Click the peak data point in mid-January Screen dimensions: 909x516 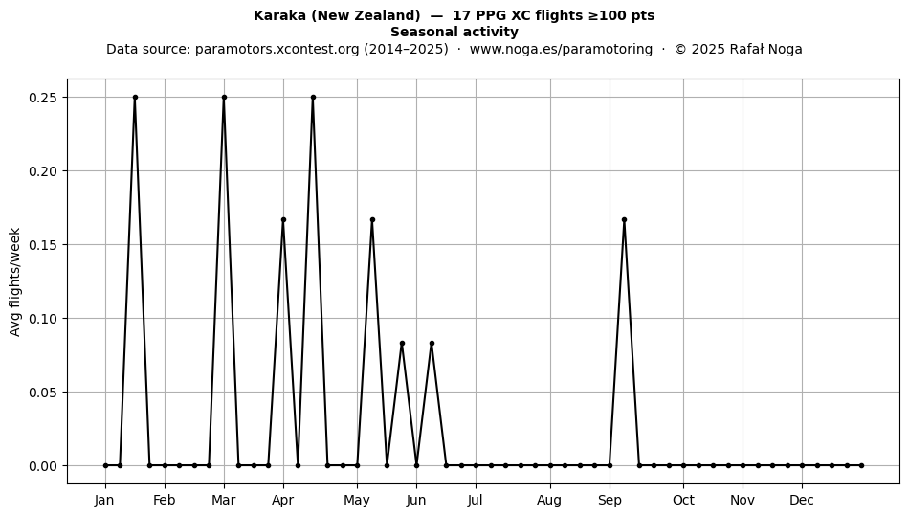point(135,98)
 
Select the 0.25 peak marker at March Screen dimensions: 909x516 point(224,98)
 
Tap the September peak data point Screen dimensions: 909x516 point(625,220)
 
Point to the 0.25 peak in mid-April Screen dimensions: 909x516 point(313,98)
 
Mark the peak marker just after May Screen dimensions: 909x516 point(372,220)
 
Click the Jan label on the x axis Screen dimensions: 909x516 point(105,501)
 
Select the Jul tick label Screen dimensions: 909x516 point(476,501)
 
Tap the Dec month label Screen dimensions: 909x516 point(802,501)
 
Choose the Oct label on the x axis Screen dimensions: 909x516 point(683,501)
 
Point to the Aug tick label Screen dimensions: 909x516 point(549,501)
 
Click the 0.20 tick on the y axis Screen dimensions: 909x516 point(43,171)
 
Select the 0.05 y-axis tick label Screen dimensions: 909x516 point(43,393)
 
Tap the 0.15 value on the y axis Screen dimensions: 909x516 point(43,245)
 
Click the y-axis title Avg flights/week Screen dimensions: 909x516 point(15,281)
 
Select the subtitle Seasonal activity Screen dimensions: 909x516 point(454,32)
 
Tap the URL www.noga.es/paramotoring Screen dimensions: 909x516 point(561,49)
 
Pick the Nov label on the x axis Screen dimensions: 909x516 point(743,501)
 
